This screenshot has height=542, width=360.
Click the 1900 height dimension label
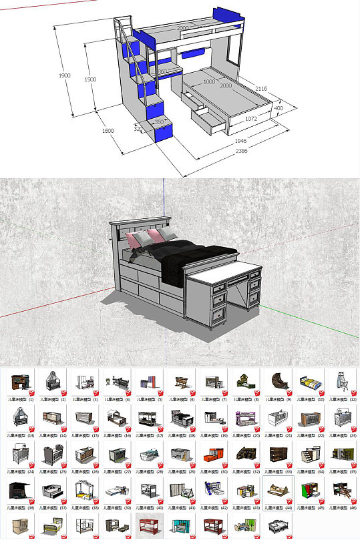pos(64,76)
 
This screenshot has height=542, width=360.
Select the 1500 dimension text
pos(91,79)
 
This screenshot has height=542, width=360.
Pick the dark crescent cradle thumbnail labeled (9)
pos(277,384)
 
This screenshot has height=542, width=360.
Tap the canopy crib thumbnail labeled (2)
pos(52,384)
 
